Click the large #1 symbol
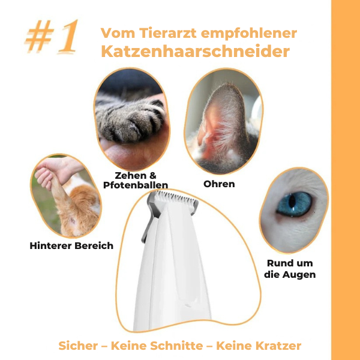coord(52,36)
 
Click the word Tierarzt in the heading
coord(168,33)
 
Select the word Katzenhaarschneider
coord(196,51)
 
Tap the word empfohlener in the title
coord(249,34)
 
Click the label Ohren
coord(219,184)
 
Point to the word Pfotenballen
coord(136,185)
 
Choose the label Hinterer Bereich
coord(71,245)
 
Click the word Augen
coord(299,275)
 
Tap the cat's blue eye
coord(295,204)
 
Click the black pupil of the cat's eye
coord(292,201)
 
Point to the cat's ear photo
coord(224,121)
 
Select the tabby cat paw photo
coord(132,119)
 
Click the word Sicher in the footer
coord(78,346)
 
